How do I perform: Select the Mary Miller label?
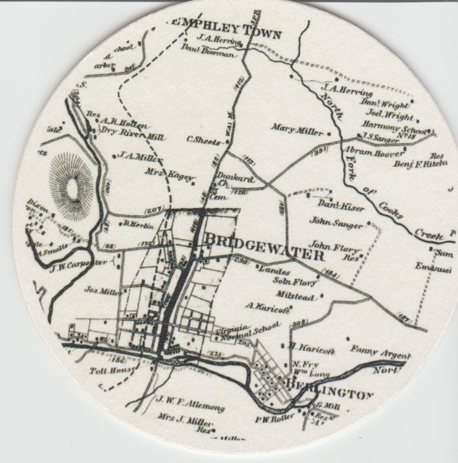click(297, 130)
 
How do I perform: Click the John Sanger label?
click(334, 223)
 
